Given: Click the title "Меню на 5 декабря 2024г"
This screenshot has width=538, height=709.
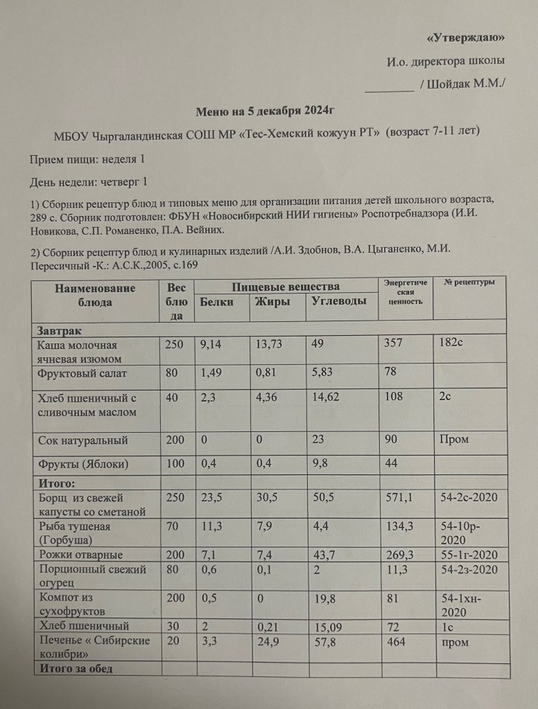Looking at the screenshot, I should tap(270, 111).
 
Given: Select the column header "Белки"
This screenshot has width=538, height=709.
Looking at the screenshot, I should tap(216, 301).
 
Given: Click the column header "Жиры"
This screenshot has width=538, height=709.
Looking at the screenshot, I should tap(272, 301).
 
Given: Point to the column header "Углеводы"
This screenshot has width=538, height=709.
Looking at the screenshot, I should tap(338, 301).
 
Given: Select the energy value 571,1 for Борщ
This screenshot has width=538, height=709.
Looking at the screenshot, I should tap(397, 499).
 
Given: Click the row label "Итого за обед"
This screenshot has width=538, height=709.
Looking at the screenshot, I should tap(77, 668).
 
